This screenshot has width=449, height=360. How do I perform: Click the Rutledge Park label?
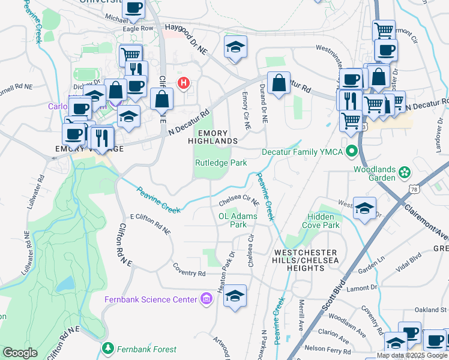(x=221, y=163)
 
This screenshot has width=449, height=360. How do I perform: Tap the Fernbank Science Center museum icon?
(x=206, y=299)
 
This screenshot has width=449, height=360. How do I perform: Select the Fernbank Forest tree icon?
(x=108, y=349)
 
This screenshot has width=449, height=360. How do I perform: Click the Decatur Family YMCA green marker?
(x=352, y=152)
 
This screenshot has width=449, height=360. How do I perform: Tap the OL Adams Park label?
(x=238, y=220)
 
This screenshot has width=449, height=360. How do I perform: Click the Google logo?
(x=20, y=353)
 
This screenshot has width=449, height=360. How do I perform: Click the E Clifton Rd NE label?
(x=151, y=223)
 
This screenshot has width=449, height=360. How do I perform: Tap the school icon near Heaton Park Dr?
(x=235, y=295)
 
